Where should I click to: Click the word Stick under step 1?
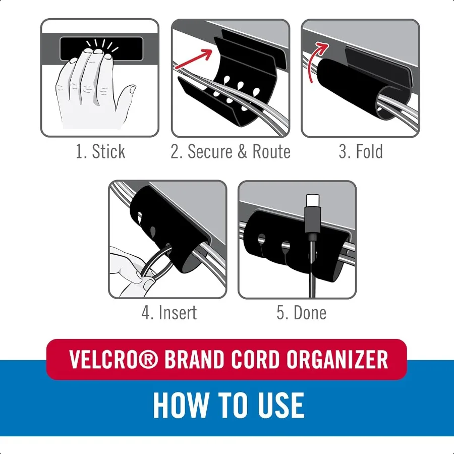(108, 152)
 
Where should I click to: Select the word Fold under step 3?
(369, 152)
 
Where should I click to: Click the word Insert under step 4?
(177, 313)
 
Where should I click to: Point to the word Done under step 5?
(310, 313)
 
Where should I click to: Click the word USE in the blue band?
(281, 405)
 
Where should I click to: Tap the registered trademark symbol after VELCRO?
(148, 360)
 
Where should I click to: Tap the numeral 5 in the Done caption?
(281, 313)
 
